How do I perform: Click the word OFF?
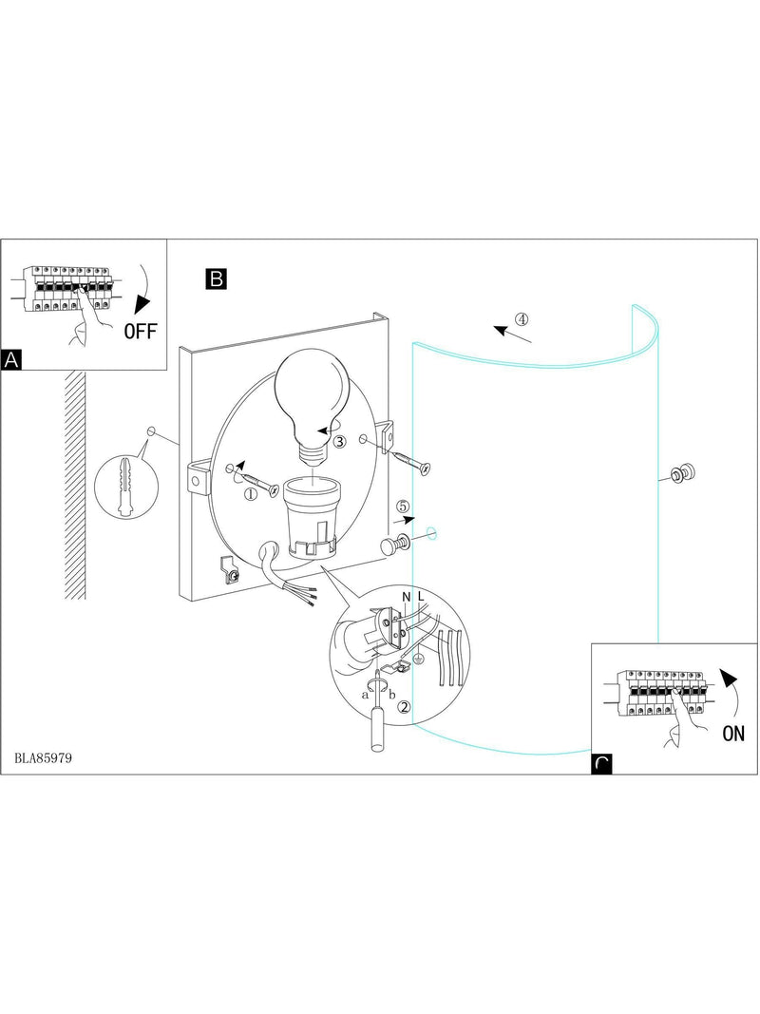coord(141,332)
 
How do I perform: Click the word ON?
coord(733,734)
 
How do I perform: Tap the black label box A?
coord(11,359)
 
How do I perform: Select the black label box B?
coord(217,278)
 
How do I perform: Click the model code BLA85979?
coord(43,757)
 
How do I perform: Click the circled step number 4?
coord(522,318)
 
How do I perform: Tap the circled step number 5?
coord(403,506)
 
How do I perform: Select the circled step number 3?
coord(340,442)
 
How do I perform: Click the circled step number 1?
coord(250,493)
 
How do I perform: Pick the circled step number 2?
coord(404,707)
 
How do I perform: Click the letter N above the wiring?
coord(407,598)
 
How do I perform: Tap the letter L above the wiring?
coord(421,596)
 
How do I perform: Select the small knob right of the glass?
coord(682,474)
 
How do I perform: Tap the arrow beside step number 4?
coord(512,334)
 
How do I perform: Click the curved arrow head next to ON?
coord(728,679)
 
